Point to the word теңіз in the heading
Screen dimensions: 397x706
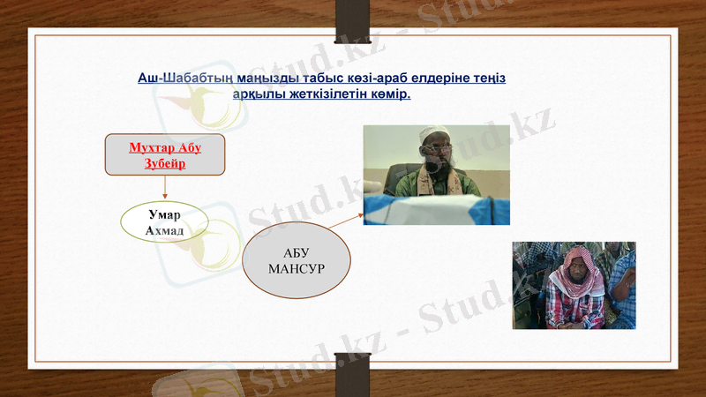pyautogui.click(x=488, y=79)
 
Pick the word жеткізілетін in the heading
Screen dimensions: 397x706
pyautogui.click(x=328, y=94)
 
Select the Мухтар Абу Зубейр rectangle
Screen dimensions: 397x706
pyautogui.click(x=165, y=154)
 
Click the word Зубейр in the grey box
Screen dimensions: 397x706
pyautogui.click(x=164, y=163)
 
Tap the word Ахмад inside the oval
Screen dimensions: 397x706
pyautogui.click(x=164, y=230)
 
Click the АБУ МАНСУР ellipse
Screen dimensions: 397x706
pyautogui.click(x=297, y=260)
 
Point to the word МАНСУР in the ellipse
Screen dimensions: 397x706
pyautogui.click(x=297, y=267)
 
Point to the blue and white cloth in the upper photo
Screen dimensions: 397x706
pyautogui.click(x=441, y=210)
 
